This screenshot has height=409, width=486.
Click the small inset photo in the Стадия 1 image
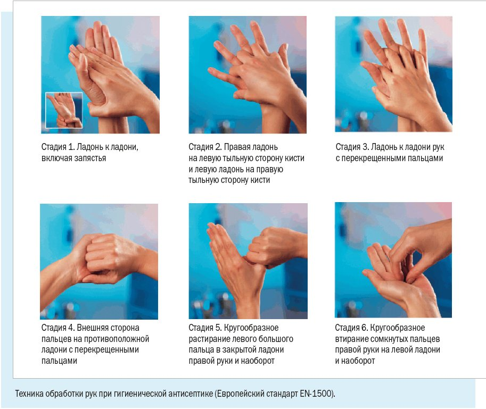pyautogui.click(x=64, y=110)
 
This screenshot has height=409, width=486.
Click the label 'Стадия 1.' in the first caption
pyautogui.click(x=58, y=147)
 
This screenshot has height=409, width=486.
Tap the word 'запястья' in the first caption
pyautogui.click(x=90, y=158)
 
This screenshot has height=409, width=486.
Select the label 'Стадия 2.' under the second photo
pyautogui.click(x=205, y=147)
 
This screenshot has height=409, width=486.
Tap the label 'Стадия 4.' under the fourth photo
pyautogui.click(x=58, y=328)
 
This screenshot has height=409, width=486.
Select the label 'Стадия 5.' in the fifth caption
pyautogui.click(x=205, y=328)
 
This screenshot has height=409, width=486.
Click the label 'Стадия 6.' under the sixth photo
pyautogui.click(x=351, y=328)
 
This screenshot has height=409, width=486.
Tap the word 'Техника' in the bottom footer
pyautogui.click(x=29, y=394)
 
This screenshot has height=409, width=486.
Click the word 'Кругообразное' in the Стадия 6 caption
pyautogui.click(x=398, y=328)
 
